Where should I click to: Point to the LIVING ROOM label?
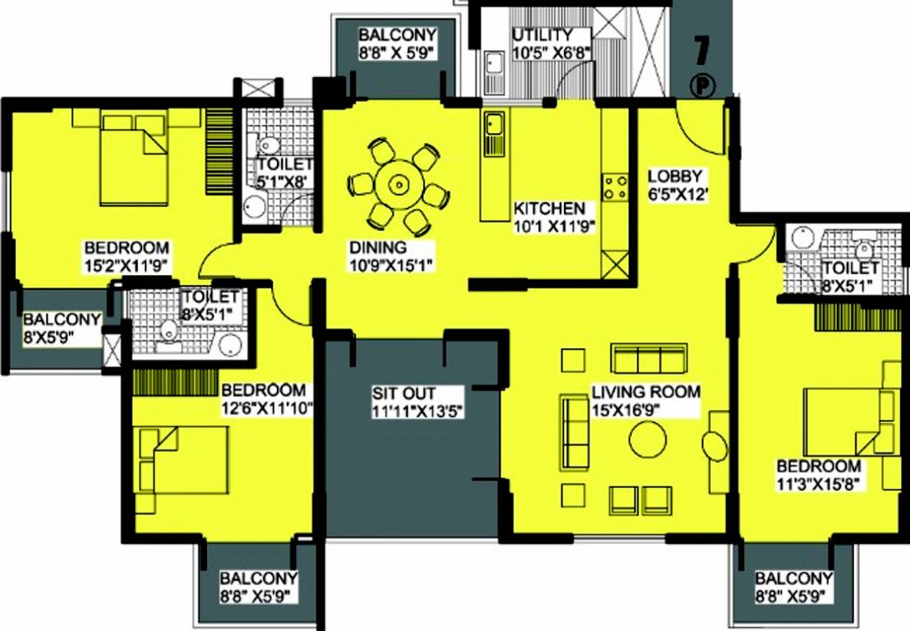coord(646,392)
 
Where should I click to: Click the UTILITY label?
coord(542,35)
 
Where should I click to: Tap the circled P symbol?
coord(701,85)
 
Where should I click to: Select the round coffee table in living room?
coord(648,440)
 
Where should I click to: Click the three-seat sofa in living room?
coord(648,359)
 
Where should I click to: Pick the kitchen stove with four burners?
coord(613,187)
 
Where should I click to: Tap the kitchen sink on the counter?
coord(493,126)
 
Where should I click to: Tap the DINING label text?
coord(377,246)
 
